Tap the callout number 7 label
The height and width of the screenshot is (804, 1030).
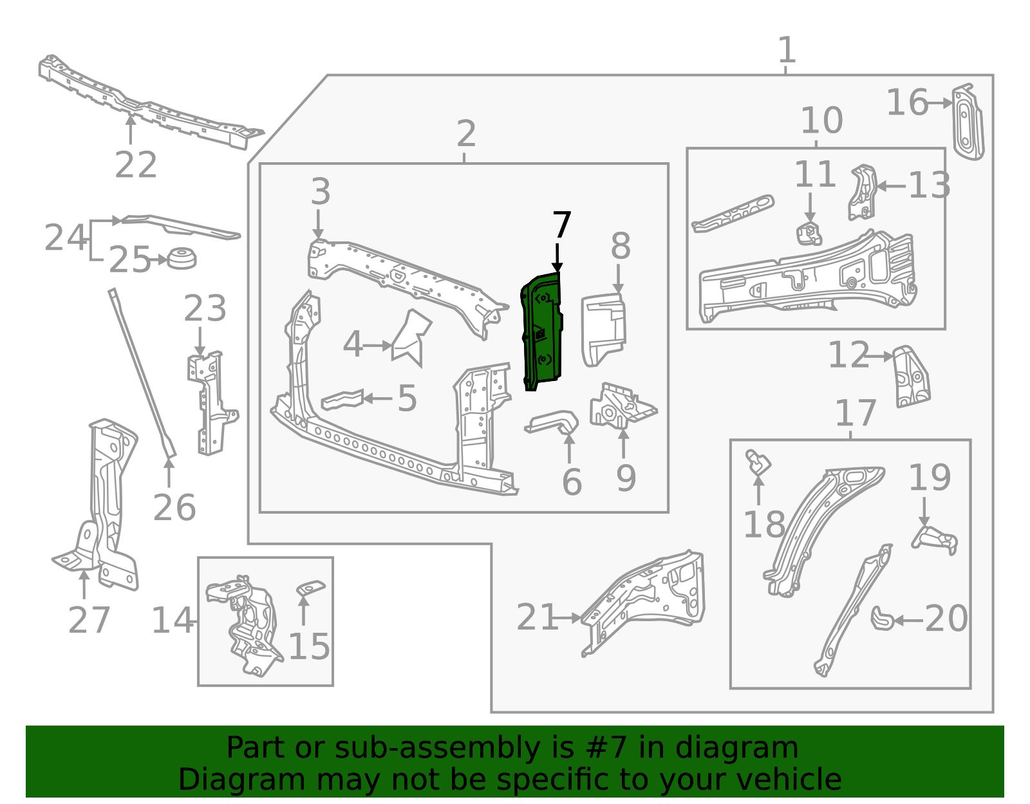pyautogui.click(x=562, y=225)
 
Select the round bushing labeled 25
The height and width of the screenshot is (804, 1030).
pyautogui.click(x=182, y=258)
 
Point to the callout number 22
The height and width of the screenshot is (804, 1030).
pyautogui.click(x=136, y=164)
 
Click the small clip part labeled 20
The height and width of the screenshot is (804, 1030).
pyautogui.click(x=882, y=618)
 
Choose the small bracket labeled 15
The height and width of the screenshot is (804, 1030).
pyautogui.click(x=310, y=588)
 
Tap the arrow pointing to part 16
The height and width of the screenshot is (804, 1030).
pyautogui.click(x=939, y=103)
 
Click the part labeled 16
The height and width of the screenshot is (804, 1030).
pyautogui.click(x=968, y=122)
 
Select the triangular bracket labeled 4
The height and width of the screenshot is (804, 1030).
pyautogui.click(x=411, y=337)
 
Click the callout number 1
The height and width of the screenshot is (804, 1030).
pyautogui.click(x=787, y=50)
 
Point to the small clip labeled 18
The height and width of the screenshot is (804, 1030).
pyautogui.click(x=758, y=462)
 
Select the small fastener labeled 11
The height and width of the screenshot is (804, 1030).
pyautogui.click(x=809, y=234)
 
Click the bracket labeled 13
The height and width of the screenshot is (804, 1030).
pyautogui.click(x=862, y=192)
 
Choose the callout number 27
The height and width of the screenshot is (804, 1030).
pyautogui.click(x=89, y=620)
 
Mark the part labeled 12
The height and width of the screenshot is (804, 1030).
pyautogui.click(x=911, y=376)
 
